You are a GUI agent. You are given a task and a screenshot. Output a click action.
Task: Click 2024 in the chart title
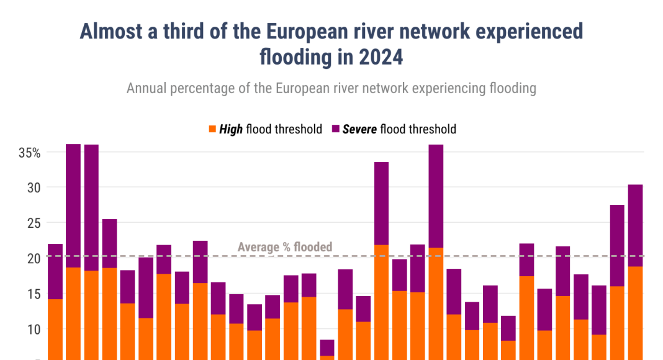tap(381, 57)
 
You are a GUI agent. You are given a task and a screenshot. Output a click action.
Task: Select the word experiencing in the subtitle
tap(446, 88)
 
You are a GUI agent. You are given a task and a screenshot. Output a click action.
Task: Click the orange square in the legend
tap(212, 129)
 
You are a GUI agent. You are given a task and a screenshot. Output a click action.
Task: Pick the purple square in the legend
tap(336, 129)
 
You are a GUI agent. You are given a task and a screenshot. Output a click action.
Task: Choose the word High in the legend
tap(231, 129)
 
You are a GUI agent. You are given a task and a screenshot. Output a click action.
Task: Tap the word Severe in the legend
tap(359, 129)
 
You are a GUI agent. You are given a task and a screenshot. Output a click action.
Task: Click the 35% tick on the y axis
tap(29, 153)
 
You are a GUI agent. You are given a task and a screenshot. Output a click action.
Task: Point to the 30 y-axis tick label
tap(34, 187)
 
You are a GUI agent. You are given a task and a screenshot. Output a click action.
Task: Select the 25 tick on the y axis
tap(34, 223)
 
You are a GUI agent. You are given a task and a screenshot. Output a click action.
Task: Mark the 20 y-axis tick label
tap(34, 258)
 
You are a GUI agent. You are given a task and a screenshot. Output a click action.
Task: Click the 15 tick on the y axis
tap(34, 294)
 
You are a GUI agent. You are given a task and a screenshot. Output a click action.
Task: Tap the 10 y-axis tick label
tap(34, 329)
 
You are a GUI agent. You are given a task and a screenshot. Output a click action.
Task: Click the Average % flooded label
tap(285, 247)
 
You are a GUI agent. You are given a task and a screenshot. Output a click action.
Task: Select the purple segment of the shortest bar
tap(327, 348)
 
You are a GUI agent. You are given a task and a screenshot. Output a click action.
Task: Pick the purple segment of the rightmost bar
tap(635, 225)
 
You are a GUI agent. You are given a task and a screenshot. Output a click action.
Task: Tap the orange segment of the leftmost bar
tap(55, 329)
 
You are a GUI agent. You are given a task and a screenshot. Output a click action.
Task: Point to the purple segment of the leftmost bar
tap(55, 271)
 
